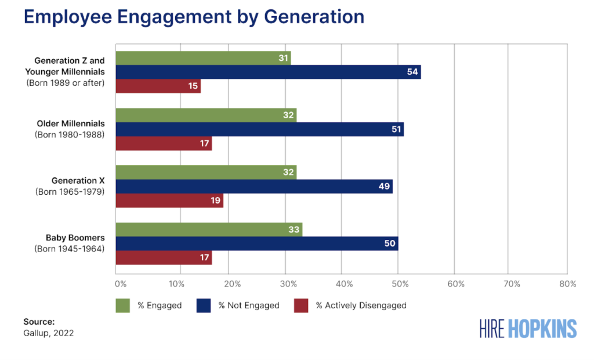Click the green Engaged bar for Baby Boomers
coord(209,230)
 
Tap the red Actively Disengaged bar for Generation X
coord(169,201)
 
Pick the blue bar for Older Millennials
coord(259,129)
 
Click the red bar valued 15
coord(158,86)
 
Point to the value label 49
coord(383,187)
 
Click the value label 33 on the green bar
coord(294,230)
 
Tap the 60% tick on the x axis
coord(455,284)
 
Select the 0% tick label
coord(120,284)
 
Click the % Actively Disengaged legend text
coord(361,306)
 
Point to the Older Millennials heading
coord(70,123)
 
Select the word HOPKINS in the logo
coord(542,329)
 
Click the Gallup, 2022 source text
coord(48,333)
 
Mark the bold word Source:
coord(39,321)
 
